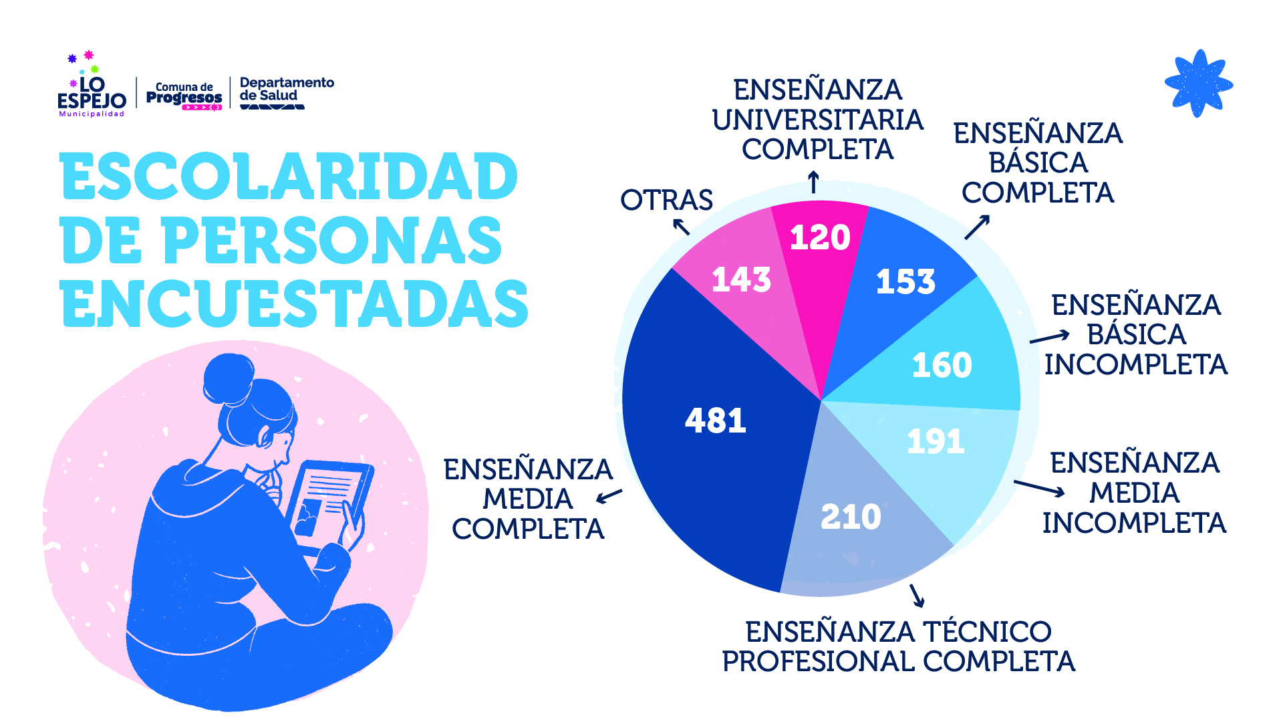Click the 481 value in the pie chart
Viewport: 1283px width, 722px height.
pos(715,420)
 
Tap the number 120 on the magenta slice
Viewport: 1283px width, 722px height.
pos(820,237)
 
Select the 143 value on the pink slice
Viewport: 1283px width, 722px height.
pos(741,279)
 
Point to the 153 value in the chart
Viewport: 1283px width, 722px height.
pos(905,281)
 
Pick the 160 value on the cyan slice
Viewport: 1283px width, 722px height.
pos(942,365)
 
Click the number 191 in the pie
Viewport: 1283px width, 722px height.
pos(936,441)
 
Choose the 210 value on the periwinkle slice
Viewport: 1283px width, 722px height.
pos(851,517)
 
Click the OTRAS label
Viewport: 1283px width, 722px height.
pos(666,200)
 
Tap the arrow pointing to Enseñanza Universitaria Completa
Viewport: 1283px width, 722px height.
pos(813,182)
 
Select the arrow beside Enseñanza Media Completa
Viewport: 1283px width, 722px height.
pos(609,496)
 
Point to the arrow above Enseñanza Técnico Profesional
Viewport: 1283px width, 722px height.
pos(917,595)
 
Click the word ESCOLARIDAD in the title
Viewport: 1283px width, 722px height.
pos(289,176)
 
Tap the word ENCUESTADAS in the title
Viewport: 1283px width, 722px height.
pos(294,304)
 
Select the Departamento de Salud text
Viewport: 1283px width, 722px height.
pos(286,90)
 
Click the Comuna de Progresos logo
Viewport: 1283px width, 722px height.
pos(184,96)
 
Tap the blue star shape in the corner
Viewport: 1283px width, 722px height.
pos(1198,84)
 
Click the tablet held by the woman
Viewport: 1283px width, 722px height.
pos(327,501)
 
